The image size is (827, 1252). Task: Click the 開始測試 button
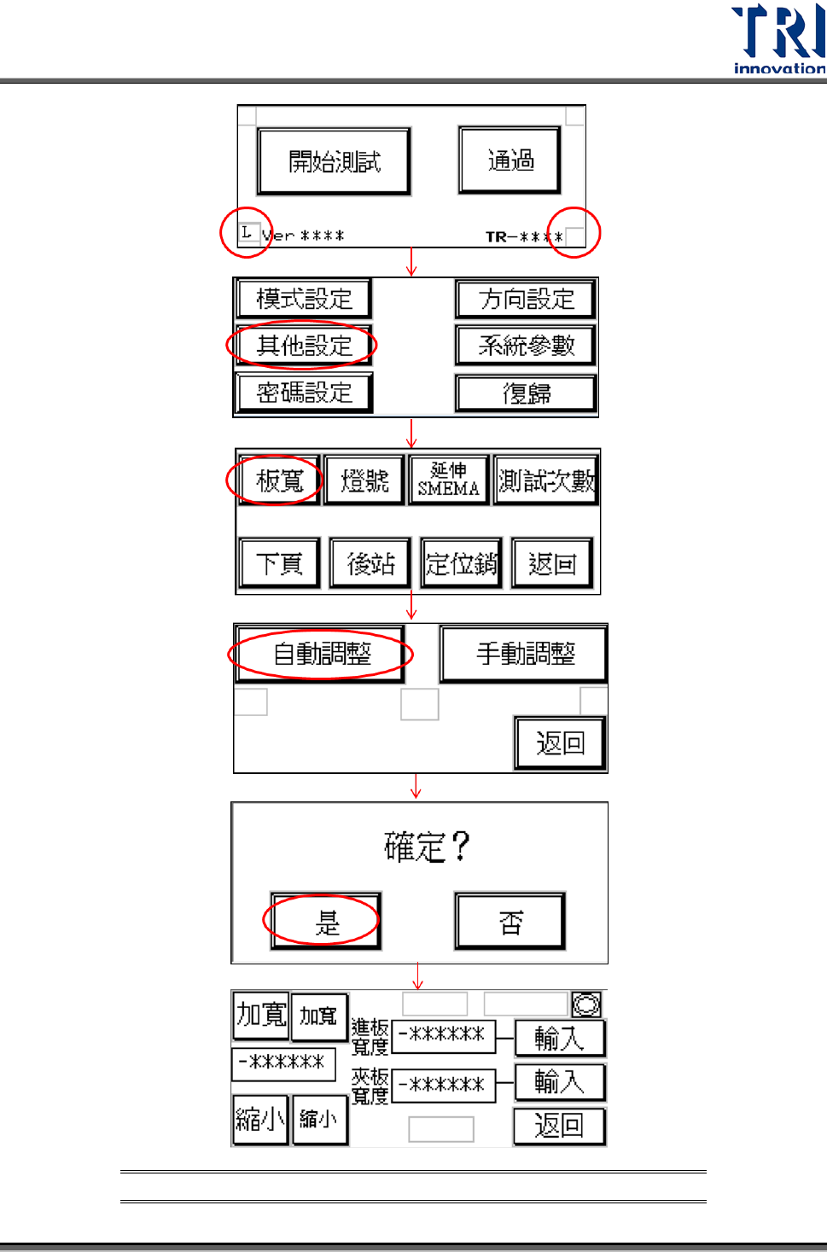tap(334, 161)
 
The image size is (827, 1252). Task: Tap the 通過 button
tap(510, 160)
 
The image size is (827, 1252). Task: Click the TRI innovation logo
tap(777, 39)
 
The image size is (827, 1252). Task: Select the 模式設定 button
tap(304, 299)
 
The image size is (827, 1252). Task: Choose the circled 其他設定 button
tap(304, 346)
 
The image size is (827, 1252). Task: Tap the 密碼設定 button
tap(304, 393)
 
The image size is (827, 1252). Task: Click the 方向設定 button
tap(526, 299)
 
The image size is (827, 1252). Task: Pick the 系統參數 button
tap(526, 346)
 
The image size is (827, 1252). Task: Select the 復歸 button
tap(526, 393)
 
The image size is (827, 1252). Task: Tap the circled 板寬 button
tap(279, 480)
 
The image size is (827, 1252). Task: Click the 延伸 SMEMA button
tap(448, 480)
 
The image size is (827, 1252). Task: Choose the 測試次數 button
tap(546, 480)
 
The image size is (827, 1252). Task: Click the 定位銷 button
tap(461, 563)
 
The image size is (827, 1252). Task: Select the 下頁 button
tap(280, 563)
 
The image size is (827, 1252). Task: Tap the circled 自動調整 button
tap(321, 654)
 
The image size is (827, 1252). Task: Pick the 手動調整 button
tap(524, 654)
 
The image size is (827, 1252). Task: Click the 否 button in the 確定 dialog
tap(510, 922)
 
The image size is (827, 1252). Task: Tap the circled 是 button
tap(326, 922)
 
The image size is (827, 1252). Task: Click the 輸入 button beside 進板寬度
tap(559, 1038)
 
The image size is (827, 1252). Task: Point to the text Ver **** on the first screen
tap(303, 236)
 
